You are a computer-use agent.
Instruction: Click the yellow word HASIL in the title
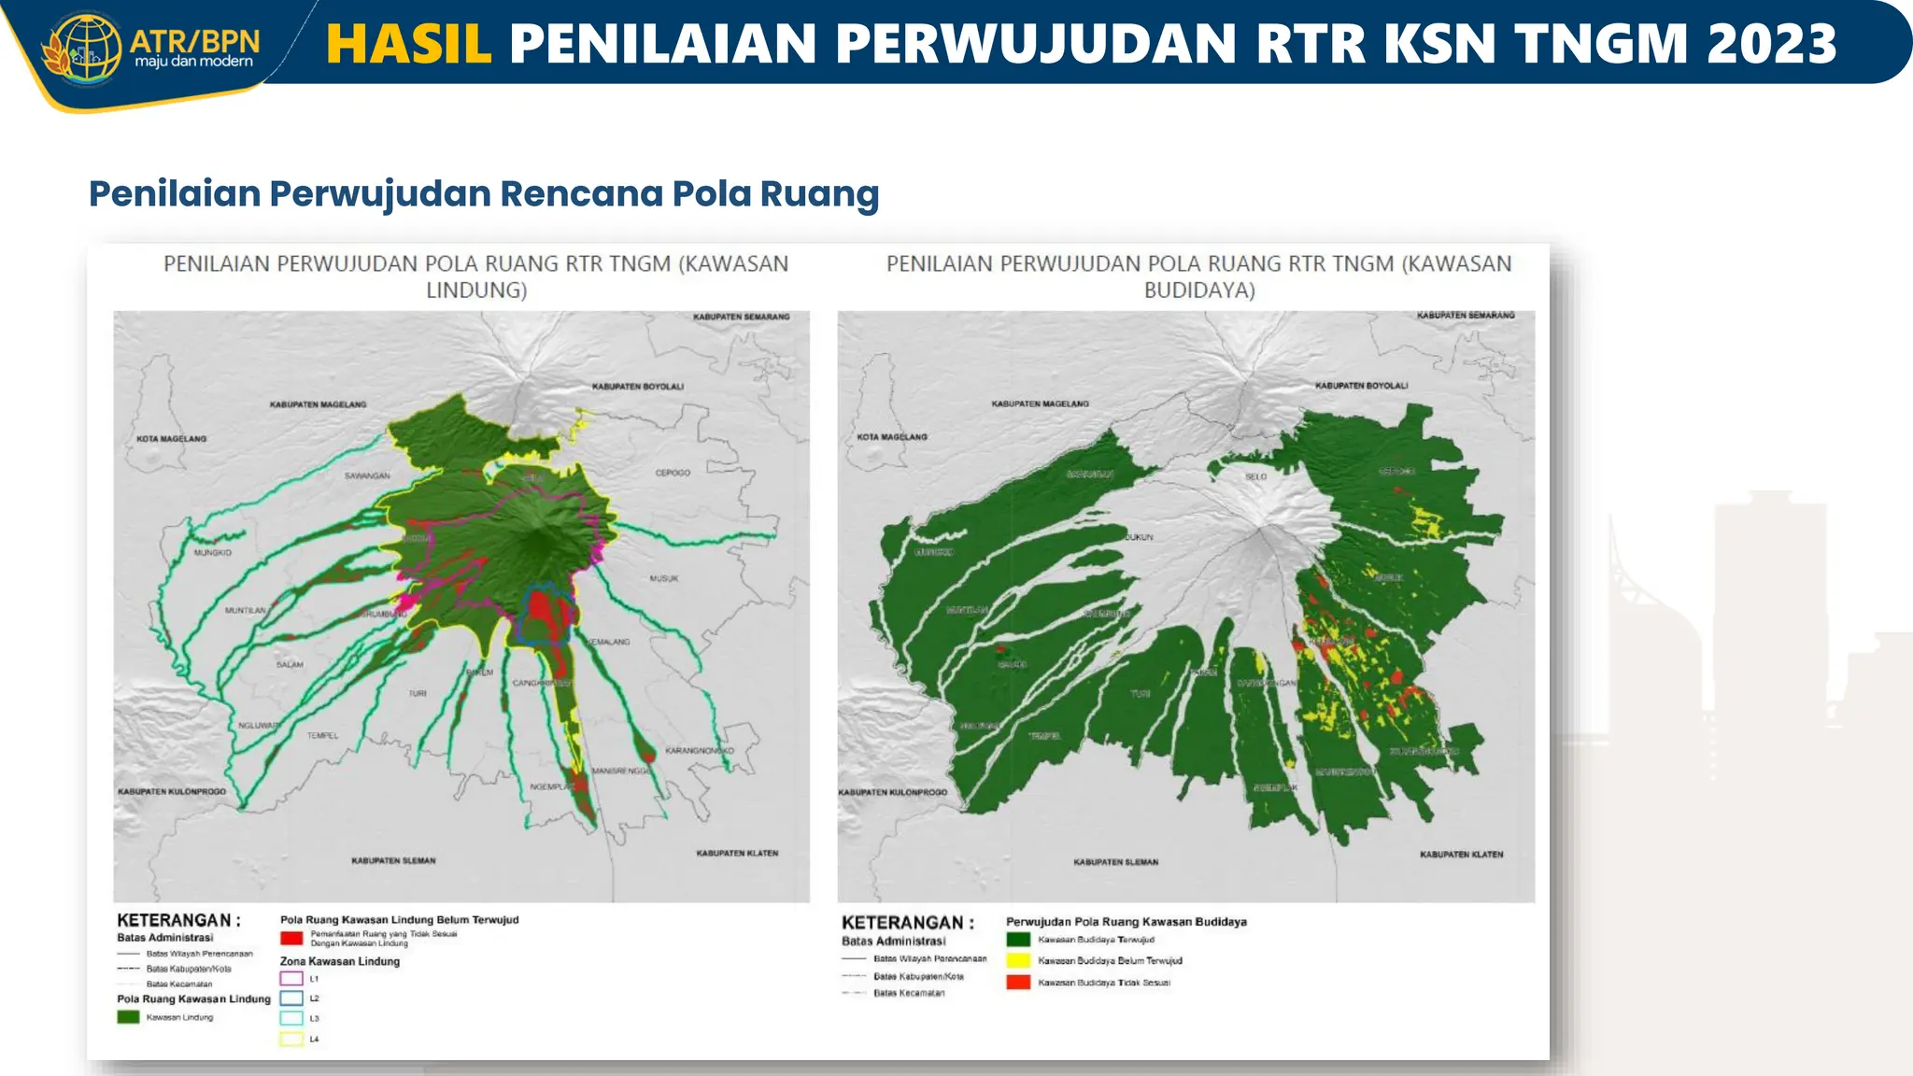point(408,44)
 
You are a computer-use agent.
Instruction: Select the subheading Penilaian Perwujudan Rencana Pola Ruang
point(484,193)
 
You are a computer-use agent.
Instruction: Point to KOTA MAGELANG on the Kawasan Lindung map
point(172,438)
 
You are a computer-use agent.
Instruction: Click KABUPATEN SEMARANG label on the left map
point(741,317)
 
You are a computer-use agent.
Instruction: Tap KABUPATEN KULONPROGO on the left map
point(172,791)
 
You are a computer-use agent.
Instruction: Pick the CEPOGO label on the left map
point(673,473)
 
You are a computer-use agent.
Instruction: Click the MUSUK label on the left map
point(664,578)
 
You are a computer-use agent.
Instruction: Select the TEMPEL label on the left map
point(322,735)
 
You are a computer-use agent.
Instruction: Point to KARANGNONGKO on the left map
point(700,750)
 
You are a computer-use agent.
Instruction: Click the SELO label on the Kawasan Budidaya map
point(1255,476)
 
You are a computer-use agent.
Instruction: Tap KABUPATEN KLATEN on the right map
point(1461,854)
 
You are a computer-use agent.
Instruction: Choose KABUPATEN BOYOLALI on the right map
point(1361,385)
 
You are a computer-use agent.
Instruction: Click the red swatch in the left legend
point(291,938)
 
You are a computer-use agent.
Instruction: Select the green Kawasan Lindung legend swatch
point(128,1017)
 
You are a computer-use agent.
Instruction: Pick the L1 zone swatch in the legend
point(291,978)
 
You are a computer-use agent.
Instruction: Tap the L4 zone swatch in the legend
point(291,1038)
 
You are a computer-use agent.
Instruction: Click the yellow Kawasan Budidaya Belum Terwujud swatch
point(1018,960)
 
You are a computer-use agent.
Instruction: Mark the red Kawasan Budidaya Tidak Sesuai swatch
point(1018,982)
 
